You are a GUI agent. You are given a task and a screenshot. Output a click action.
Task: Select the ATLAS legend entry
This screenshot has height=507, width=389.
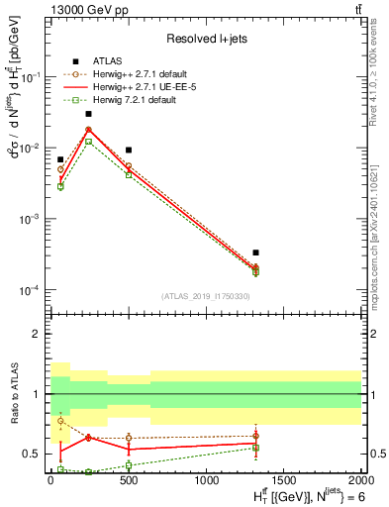[x=108, y=60]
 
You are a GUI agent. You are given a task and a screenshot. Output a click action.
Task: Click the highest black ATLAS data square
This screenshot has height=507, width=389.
[x=88, y=114]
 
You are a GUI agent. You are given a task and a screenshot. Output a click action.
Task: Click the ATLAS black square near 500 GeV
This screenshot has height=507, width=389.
[x=128, y=150]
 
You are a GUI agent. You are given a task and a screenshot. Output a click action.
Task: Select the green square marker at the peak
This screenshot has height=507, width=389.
[x=88, y=142]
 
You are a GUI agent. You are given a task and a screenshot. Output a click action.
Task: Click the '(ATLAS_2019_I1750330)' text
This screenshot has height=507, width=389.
[x=205, y=296]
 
